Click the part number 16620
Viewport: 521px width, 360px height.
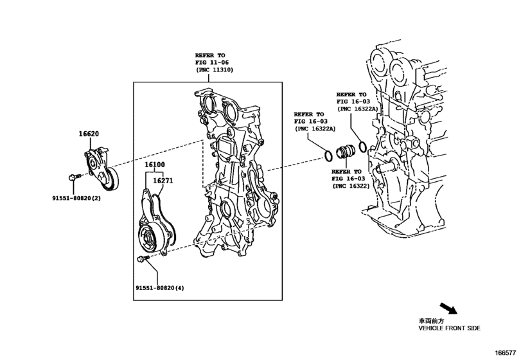click(x=89, y=134)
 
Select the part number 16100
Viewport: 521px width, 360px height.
click(x=154, y=165)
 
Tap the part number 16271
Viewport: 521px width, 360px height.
click(x=162, y=182)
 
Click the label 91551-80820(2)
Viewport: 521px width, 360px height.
click(x=76, y=198)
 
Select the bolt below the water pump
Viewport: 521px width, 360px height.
click(x=142, y=258)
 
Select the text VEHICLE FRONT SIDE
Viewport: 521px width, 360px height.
click(x=448, y=328)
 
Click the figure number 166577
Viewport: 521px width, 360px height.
click(x=506, y=353)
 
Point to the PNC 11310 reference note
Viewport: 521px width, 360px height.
click(x=215, y=62)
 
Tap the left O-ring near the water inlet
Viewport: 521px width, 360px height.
click(x=328, y=155)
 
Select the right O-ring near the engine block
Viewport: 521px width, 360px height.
click(x=362, y=147)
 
